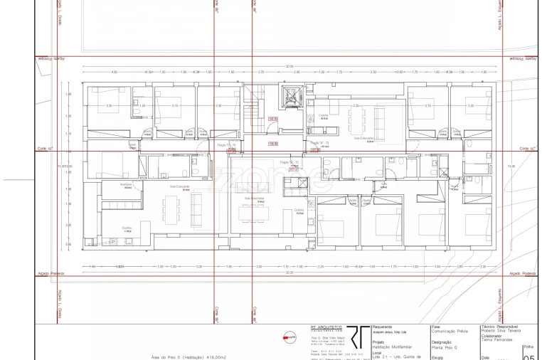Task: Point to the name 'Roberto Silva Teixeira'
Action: point(501,332)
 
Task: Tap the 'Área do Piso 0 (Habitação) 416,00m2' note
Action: point(188,356)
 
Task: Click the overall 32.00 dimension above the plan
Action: point(289,67)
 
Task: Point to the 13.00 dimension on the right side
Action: point(511,166)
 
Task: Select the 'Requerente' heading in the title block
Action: point(382,327)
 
